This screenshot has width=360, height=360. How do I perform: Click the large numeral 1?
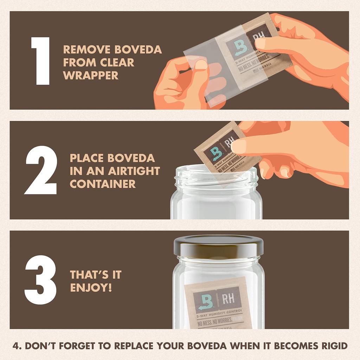(40, 60)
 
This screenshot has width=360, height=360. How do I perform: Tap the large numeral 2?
(41, 170)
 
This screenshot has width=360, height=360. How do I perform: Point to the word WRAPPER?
(91, 75)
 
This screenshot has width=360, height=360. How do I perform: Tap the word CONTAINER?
(103, 184)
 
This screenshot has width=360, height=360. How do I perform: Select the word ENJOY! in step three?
(91, 287)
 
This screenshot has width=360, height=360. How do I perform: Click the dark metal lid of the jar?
(218, 246)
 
